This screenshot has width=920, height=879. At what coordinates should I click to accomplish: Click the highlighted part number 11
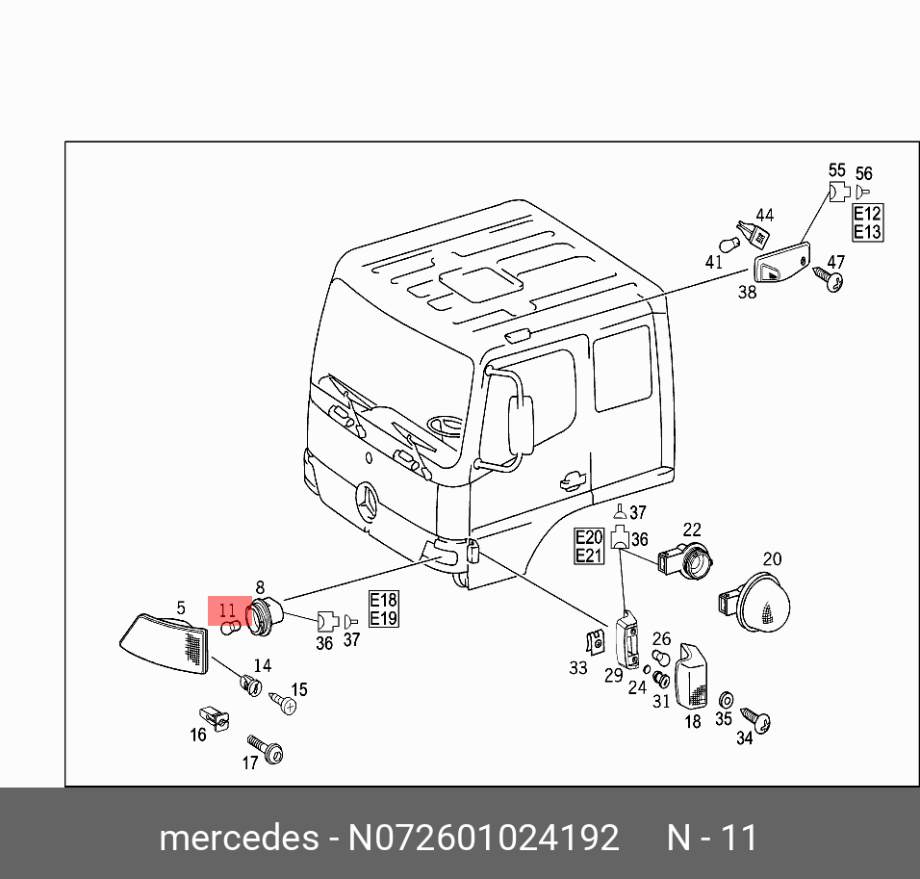[227, 609]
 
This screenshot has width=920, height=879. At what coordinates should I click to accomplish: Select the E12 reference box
[867, 215]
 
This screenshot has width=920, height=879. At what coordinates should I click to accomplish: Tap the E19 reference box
[383, 617]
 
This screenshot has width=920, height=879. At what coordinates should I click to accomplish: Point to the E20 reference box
[589, 537]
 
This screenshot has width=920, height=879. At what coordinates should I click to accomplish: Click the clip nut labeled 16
[213, 718]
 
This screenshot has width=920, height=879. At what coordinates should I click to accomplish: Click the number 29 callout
[613, 675]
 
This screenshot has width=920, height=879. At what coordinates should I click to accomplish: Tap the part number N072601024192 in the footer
[483, 838]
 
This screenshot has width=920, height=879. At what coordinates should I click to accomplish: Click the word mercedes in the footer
[238, 838]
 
